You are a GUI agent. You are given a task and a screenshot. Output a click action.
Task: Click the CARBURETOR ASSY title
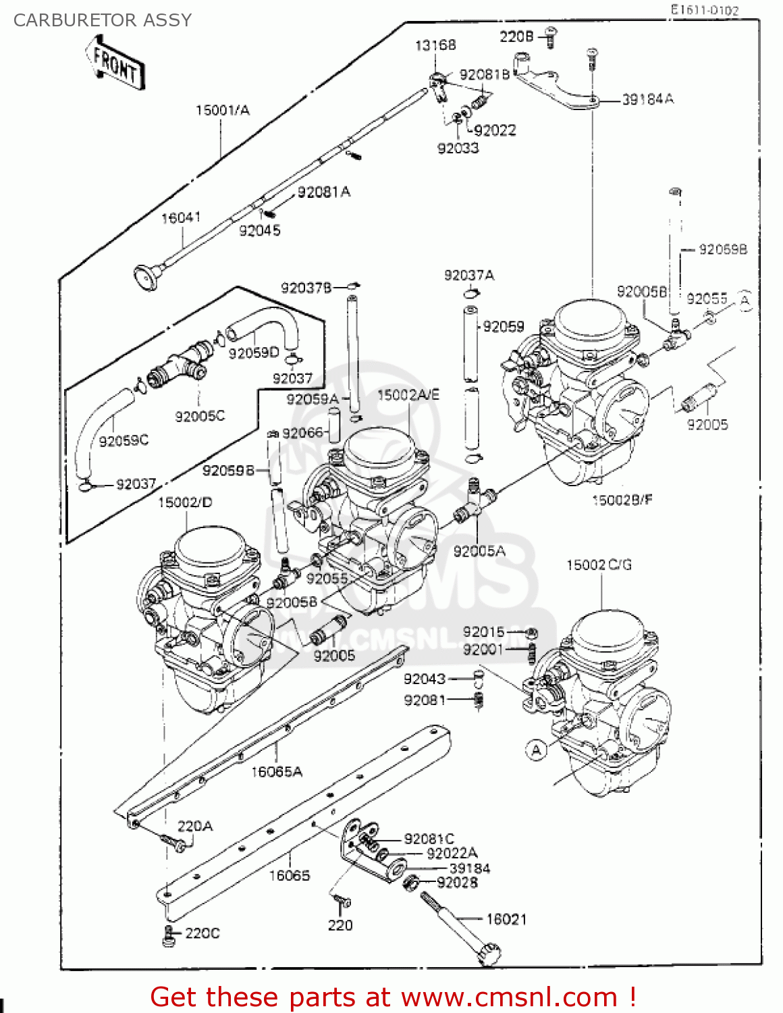(x=103, y=20)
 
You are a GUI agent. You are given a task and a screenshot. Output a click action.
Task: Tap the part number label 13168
(x=435, y=45)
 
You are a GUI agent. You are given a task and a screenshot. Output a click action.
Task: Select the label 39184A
(x=647, y=99)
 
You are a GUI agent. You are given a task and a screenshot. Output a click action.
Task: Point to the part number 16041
(x=180, y=217)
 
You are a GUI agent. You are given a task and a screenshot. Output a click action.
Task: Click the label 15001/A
(x=222, y=110)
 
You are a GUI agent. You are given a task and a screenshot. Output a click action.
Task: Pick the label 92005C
(x=199, y=416)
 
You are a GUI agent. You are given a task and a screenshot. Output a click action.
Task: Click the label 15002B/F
(x=622, y=500)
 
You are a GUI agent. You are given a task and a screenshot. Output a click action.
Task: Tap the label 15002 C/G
(x=599, y=565)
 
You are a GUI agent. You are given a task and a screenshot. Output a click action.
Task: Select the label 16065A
(x=277, y=771)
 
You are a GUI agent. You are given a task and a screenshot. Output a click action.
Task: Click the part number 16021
(x=506, y=919)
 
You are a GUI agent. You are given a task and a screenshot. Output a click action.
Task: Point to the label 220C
(x=202, y=933)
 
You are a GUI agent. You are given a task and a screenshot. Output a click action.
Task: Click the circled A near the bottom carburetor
(x=537, y=750)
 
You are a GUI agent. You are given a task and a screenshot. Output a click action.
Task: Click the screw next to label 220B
(x=550, y=37)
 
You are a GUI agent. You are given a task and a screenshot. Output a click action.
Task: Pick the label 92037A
(x=468, y=276)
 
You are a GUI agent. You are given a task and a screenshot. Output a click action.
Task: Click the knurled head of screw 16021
(x=489, y=954)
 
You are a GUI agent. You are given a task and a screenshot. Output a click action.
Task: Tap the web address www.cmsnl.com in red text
(x=510, y=997)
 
